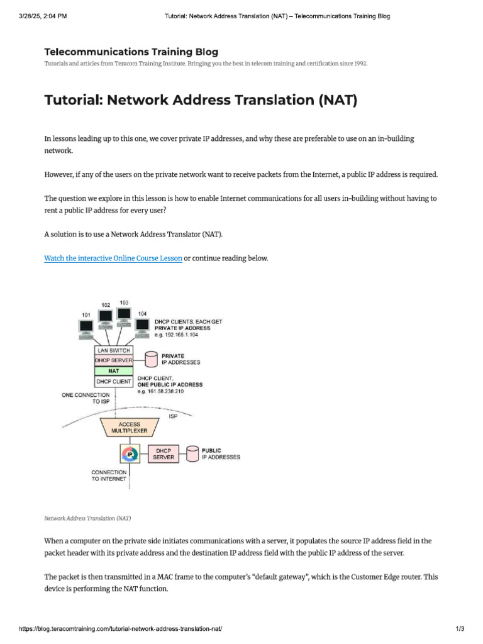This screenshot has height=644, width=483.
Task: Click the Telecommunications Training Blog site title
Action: (x=131, y=52)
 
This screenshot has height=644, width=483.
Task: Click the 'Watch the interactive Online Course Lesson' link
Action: (x=113, y=258)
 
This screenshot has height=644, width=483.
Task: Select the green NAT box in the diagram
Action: (x=114, y=371)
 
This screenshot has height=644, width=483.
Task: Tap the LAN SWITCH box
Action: (x=114, y=350)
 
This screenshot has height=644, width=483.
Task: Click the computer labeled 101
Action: (x=86, y=327)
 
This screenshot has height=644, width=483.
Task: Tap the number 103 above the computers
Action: (x=124, y=303)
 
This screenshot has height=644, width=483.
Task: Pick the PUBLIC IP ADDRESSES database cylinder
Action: (x=192, y=453)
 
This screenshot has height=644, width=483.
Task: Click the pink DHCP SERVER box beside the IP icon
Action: (x=164, y=453)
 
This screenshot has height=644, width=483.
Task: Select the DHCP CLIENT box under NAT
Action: (x=114, y=382)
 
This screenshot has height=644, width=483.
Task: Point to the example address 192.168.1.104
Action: (x=180, y=335)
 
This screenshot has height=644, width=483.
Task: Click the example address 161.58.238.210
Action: (x=160, y=392)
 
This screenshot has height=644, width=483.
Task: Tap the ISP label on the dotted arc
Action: (x=173, y=416)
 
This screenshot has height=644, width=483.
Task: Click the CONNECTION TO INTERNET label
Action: (x=109, y=475)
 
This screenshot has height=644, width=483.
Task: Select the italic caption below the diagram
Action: (x=87, y=518)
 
